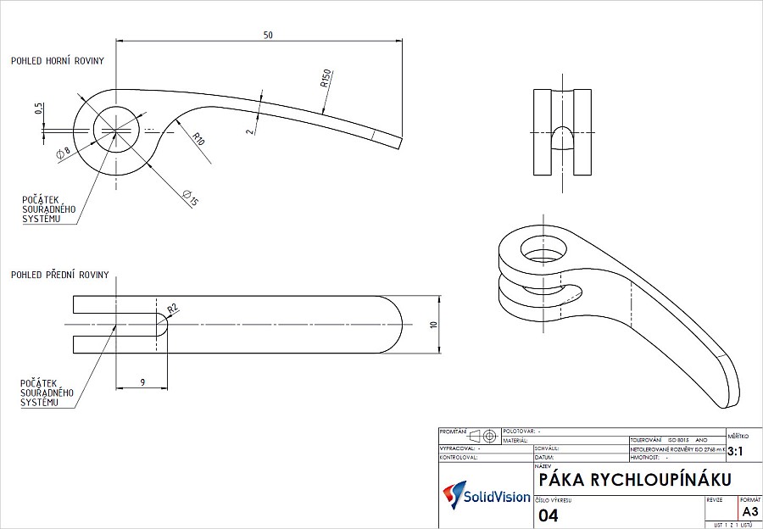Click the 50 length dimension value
point(269,35)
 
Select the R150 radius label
point(325,80)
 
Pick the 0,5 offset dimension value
point(39,109)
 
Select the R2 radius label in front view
point(172,309)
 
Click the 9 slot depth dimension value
point(142,382)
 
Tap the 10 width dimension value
point(432,325)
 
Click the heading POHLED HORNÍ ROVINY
point(57,61)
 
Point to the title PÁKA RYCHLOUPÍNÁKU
point(628,481)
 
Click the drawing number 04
point(549,515)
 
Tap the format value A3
point(749,512)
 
